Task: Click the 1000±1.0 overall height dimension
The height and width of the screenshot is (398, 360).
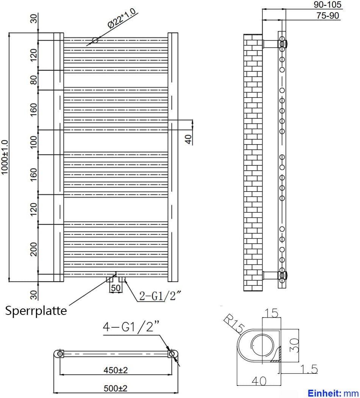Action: pos(5,157)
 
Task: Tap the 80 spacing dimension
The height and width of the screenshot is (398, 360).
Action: pos(34,80)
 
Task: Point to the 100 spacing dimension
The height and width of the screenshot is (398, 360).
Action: pos(34,142)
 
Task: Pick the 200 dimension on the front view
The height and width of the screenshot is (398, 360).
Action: pos(34,249)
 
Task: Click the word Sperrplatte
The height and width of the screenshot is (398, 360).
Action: pos(36,311)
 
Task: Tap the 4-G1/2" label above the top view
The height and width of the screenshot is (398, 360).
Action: pos(131,327)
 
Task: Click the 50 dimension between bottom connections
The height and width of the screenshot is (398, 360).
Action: pos(116,288)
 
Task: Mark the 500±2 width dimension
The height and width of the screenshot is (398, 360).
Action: pos(115,388)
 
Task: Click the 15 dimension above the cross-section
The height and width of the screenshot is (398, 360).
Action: pos(271,313)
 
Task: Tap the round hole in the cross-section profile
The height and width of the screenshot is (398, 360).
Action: pos(260,345)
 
